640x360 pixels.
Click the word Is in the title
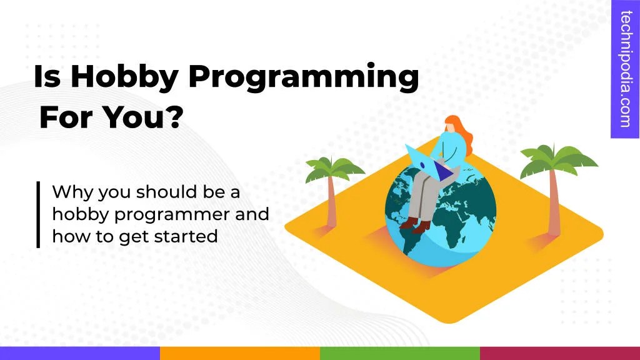(x=47, y=77)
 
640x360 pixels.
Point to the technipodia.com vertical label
(x=625, y=69)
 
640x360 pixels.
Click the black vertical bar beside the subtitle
(x=38, y=214)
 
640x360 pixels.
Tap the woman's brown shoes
(x=416, y=223)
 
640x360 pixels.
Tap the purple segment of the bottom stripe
(x=80, y=353)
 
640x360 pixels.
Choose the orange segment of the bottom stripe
(x=240, y=353)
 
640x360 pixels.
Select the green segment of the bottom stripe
(x=400, y=353)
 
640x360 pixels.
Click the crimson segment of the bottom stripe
(x=560, y=353)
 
